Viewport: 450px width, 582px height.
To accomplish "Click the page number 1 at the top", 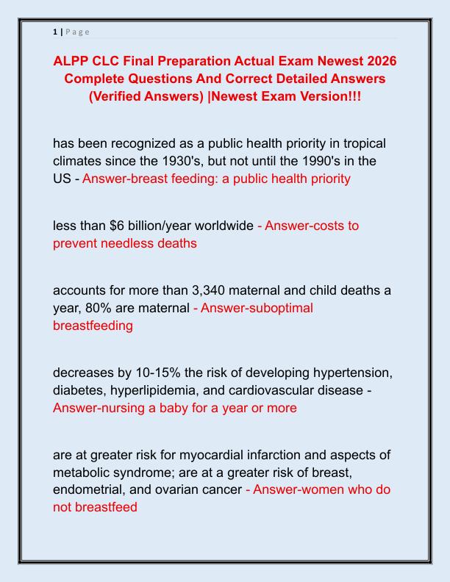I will point(55,32).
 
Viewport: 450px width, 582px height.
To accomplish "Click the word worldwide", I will point(218,226).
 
